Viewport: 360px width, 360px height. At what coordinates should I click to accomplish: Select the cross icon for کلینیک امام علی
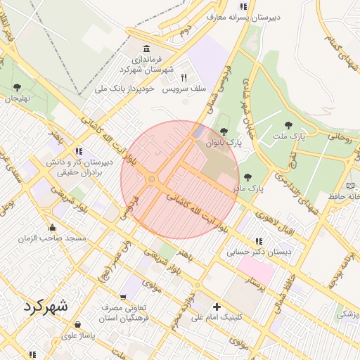coord(217,307)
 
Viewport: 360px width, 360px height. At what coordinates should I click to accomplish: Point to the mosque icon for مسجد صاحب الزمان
coord(52,227)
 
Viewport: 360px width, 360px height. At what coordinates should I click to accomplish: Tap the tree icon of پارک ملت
coord(288,125)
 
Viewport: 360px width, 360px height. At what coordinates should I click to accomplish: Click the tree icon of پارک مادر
coord(247,177)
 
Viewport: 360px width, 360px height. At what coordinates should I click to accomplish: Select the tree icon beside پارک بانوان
coord(224,131)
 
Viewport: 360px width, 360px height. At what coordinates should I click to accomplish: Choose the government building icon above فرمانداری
coord(146,49)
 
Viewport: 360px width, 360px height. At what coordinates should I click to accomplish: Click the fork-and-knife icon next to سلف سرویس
coord(184,78)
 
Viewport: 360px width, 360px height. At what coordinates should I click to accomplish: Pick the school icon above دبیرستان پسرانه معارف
coord(243,6)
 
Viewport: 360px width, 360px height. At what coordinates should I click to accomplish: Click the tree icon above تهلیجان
coord(17,87)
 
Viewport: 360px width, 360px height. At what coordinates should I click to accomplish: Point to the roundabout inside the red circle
coord(152,180)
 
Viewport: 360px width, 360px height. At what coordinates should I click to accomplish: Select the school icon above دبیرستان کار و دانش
coord(79,150)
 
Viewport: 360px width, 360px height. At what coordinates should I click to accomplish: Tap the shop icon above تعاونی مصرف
coord(125,297)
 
